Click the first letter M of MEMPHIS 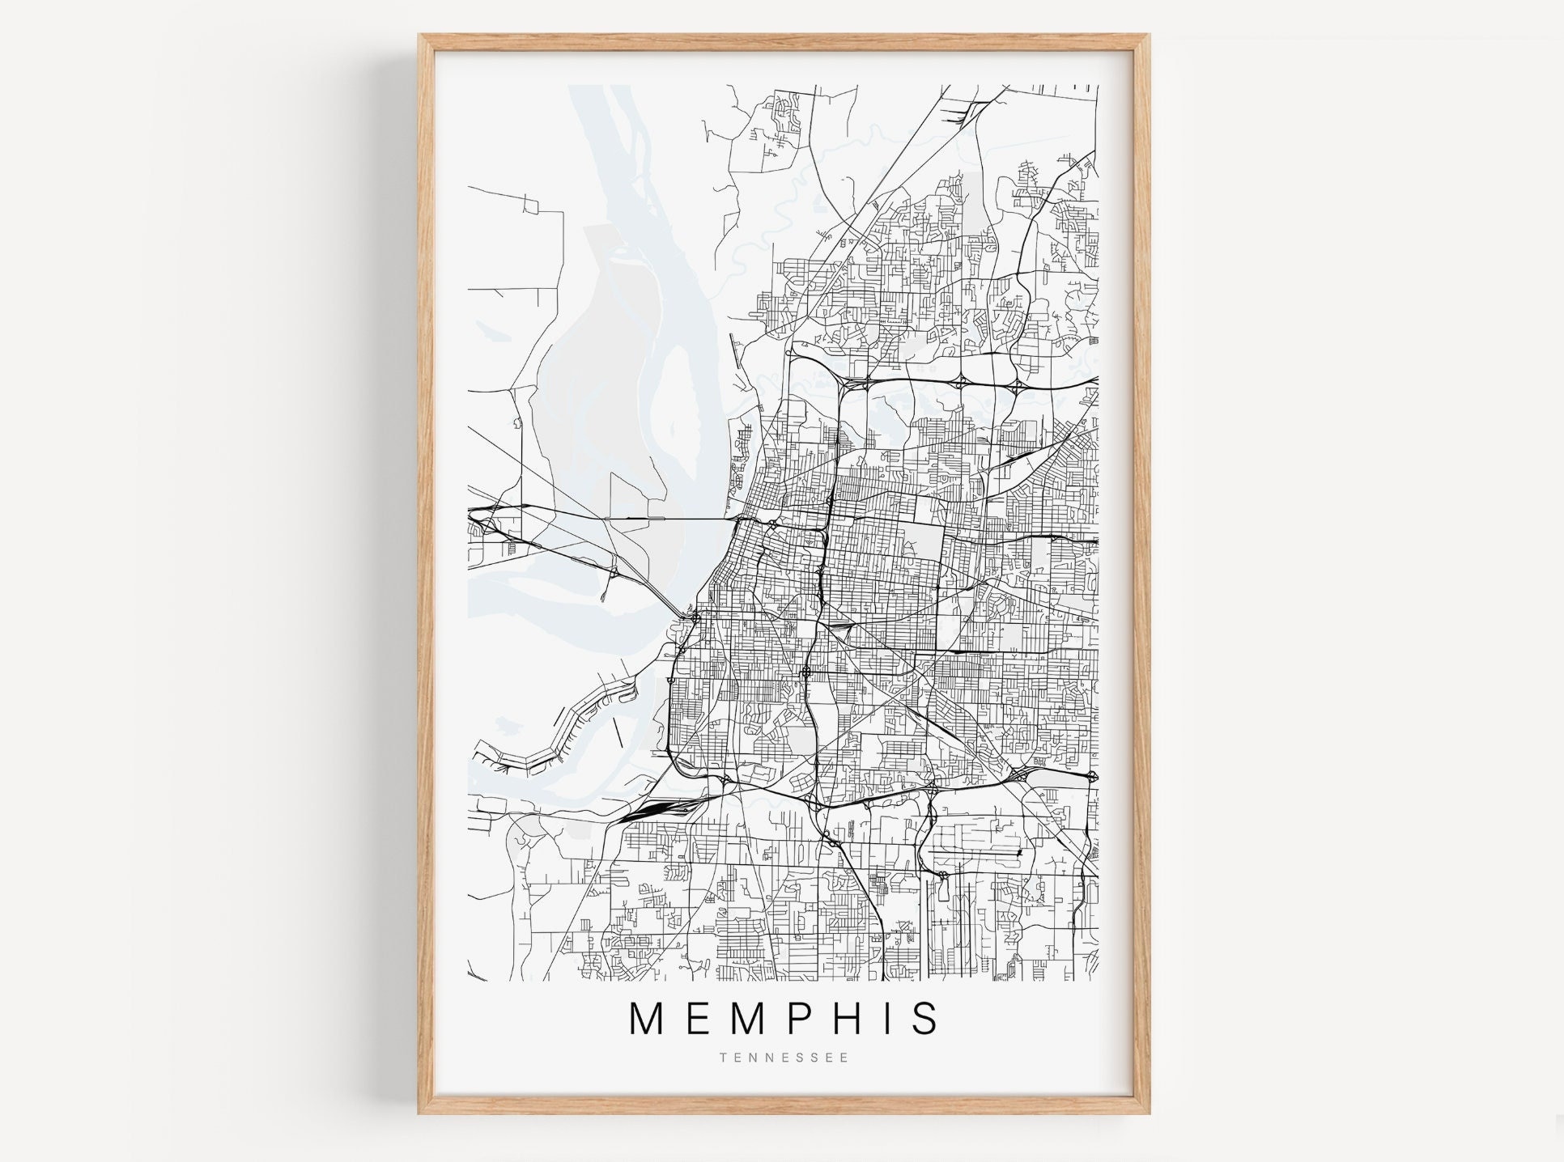pyautogui.click(x=649, y=1019)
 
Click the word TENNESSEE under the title pyautogui.click(x=783, y=1058)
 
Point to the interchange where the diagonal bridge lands pyautogui.click(x=695, y=618)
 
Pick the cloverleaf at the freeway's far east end pyautogui.click(x=1091, y=777)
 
